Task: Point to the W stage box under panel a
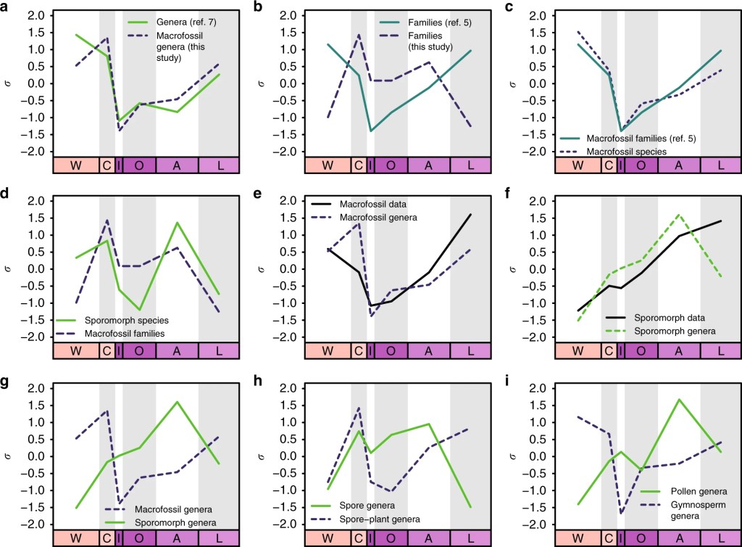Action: click(75, 165)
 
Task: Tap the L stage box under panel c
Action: click(721, 165)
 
